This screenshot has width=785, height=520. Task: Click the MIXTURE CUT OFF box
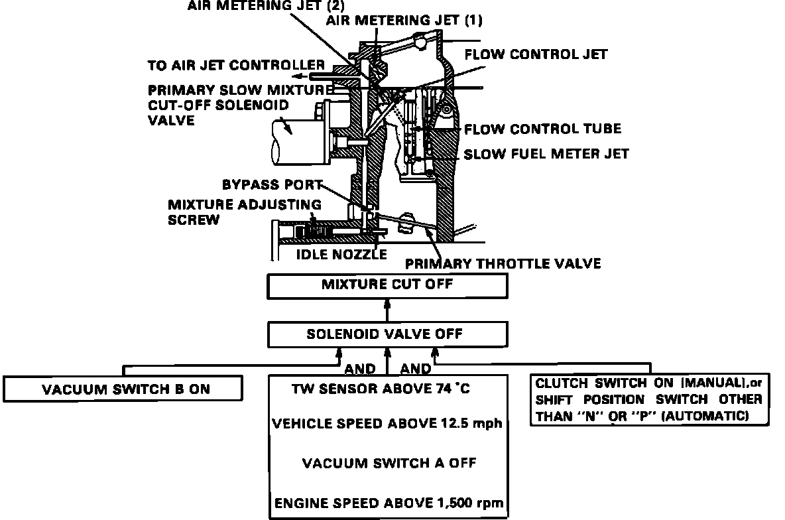(x=387, y=286)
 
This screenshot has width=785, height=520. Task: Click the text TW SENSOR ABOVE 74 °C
(x=381, y=389)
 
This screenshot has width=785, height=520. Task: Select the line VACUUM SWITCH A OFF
(x=389, y=463)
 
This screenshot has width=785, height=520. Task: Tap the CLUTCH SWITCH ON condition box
(x=649, y=399)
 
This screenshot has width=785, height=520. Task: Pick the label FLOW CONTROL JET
(x=536, y=54)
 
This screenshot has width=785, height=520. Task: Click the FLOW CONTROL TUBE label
(x=542, y=129)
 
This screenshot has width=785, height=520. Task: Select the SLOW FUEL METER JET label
(x=546, y=154)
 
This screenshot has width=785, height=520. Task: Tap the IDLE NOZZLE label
(x=341, y=254)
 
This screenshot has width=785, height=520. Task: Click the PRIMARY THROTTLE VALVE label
(x=503, y=263)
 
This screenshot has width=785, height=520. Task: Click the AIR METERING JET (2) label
(x=257, y=7)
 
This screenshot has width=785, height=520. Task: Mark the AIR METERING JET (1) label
(x=404, y=21)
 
